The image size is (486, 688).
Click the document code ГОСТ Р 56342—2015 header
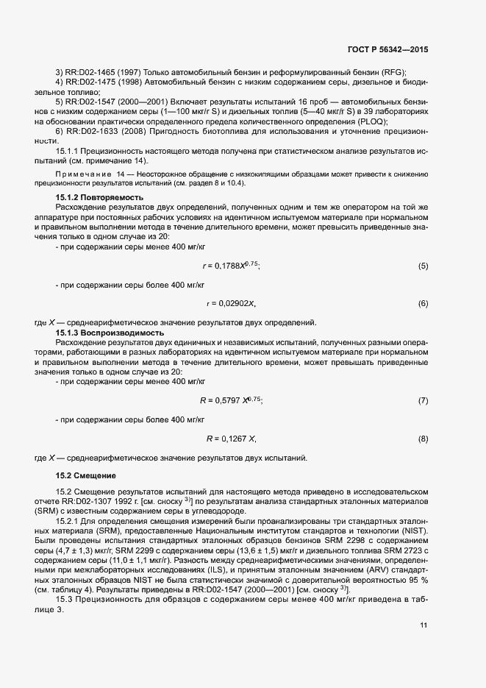click(x=387, y=49)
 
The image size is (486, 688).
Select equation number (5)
click(x=423, y=266)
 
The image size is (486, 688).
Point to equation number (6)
click(x=423, y=303)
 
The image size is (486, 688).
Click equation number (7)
click(x=423, y=401)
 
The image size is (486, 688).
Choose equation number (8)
click(x=423, y=439)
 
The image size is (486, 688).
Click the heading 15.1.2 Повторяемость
click(x=99, y=198)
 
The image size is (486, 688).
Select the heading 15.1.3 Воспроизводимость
click(x=110, y=333)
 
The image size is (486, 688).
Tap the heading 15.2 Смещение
click(x=85, y=476)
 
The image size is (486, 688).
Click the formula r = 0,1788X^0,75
click(x=231, y=265)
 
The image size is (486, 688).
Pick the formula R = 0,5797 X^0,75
click(x=231, y=400)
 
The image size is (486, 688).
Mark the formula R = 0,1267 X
click(x=231, y=439)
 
